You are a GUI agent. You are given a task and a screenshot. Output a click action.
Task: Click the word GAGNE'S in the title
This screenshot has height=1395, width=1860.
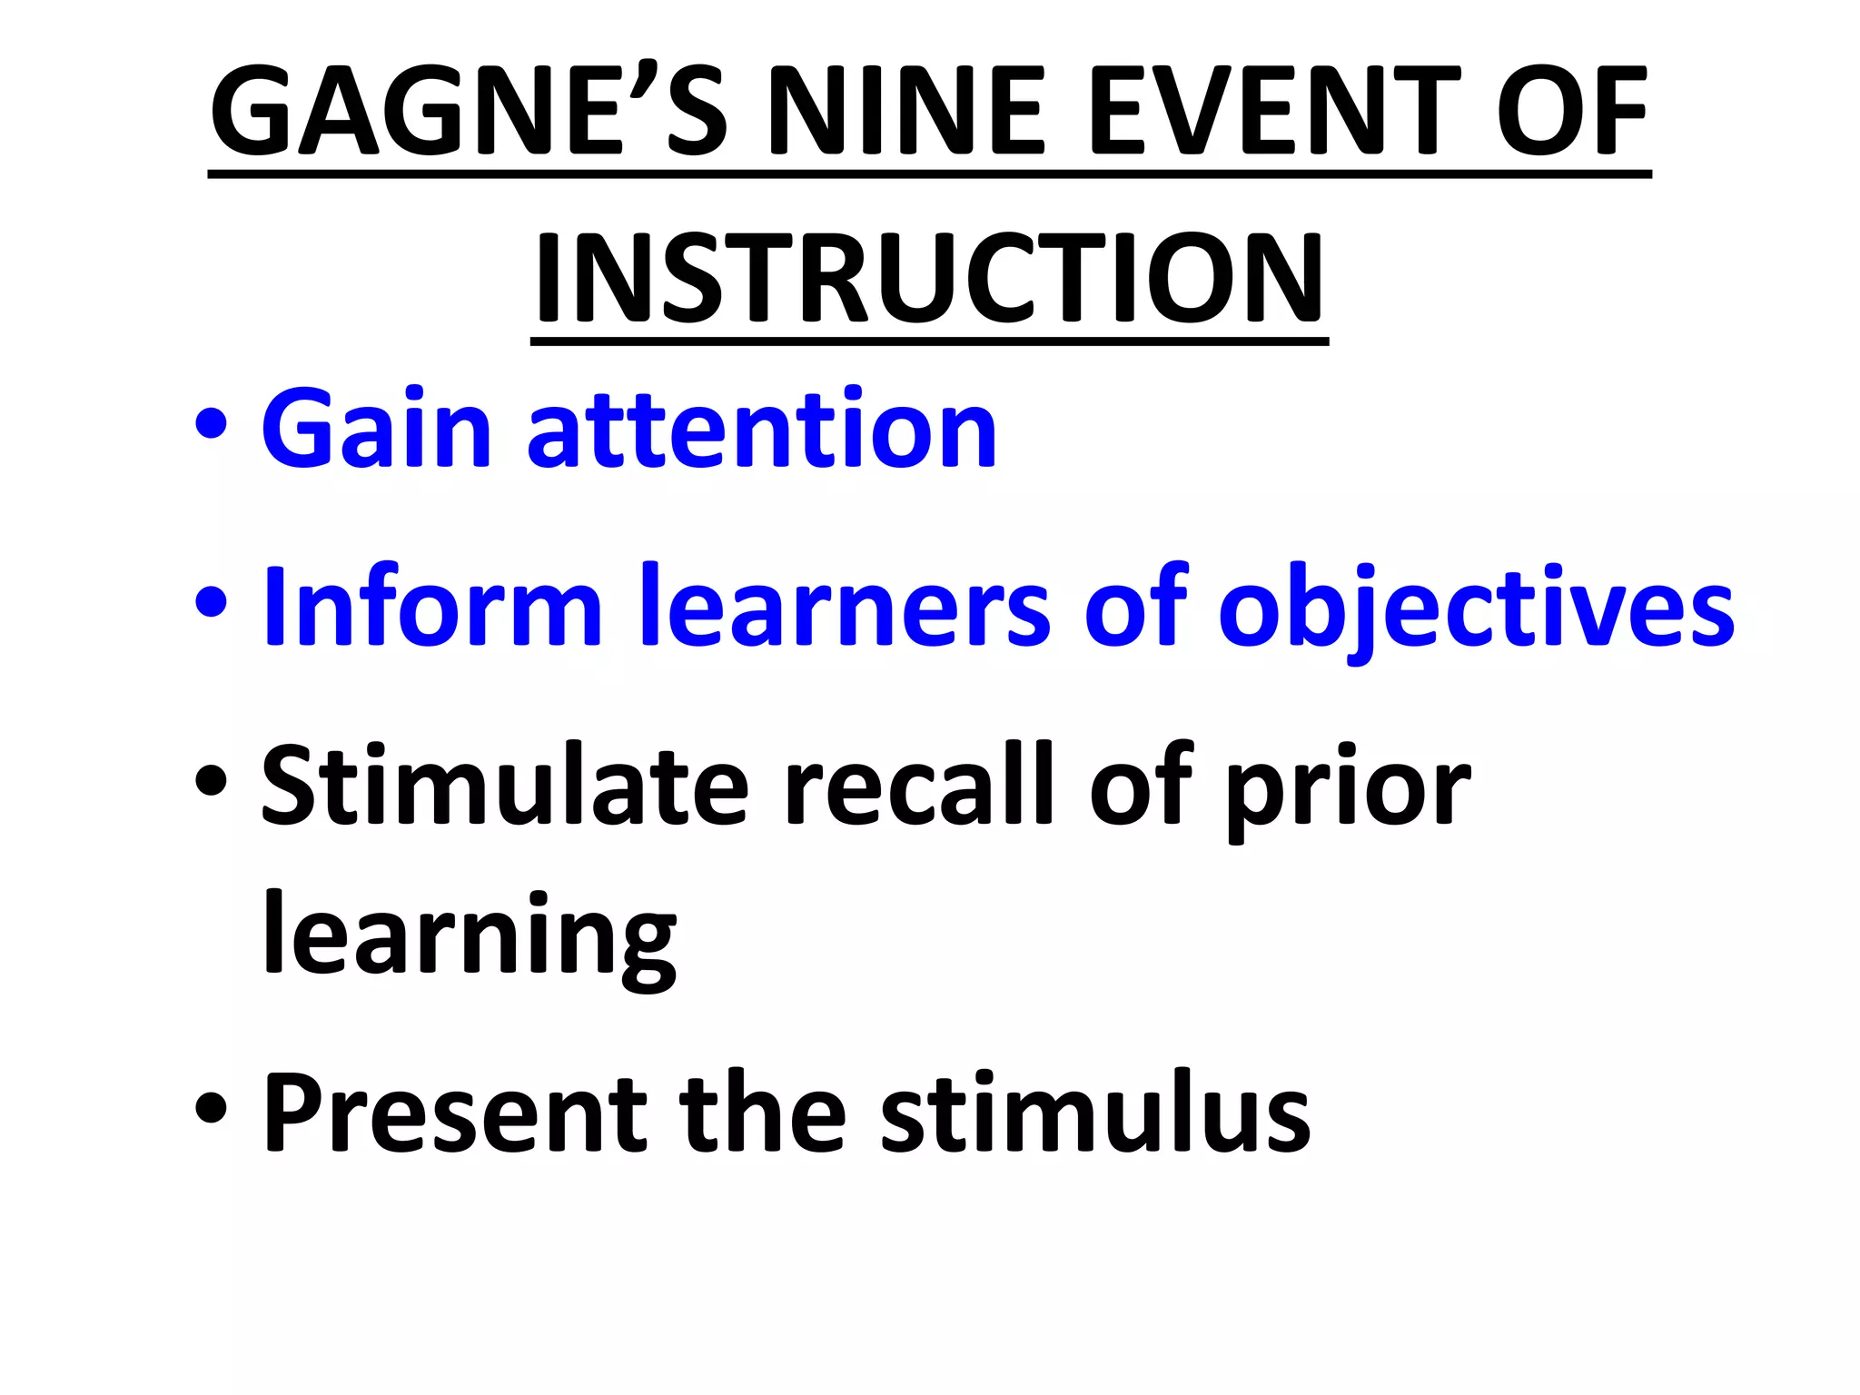click(x=469, y=113)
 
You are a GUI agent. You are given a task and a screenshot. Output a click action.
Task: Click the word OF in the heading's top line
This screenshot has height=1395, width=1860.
click(x=1571, y=113)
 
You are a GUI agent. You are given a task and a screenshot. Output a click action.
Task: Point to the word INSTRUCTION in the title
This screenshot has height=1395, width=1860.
click(x=929, y=278)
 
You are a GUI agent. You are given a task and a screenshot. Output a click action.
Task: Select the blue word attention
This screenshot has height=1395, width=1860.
click(x=762, y=429)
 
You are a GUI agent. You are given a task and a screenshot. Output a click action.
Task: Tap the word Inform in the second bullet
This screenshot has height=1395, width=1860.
click(x=432, y=606)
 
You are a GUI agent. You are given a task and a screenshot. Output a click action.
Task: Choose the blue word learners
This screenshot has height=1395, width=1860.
click(x=845, y=606)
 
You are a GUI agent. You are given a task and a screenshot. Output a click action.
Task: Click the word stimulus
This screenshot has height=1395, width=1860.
click(x=1095, y=1113)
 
